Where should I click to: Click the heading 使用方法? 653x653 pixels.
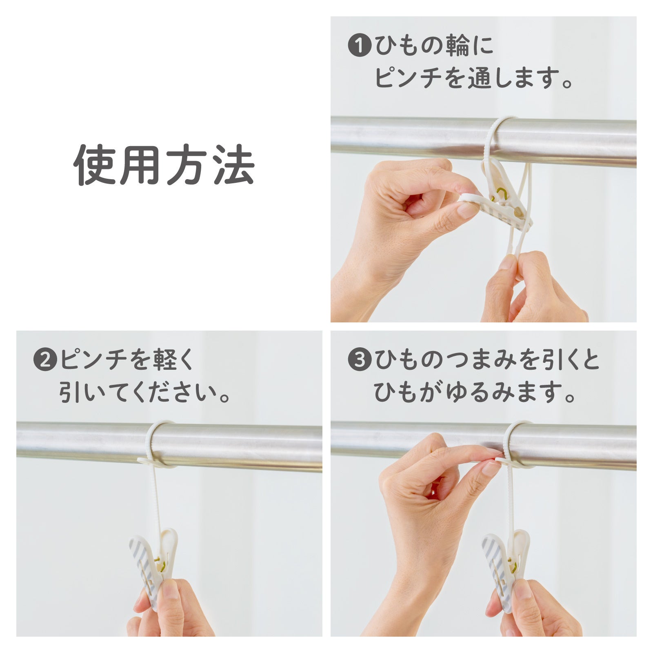pos(164,165)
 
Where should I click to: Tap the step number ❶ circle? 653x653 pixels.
pos(359,45)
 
